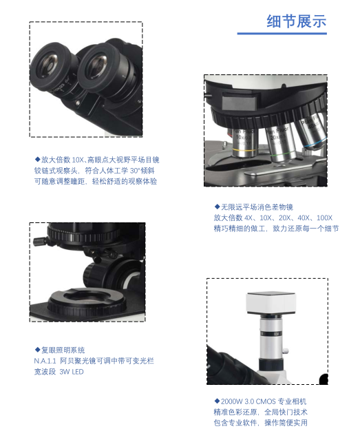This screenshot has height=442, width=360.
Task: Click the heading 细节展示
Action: pos(297,21)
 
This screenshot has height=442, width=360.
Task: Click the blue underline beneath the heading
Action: pos(282,34)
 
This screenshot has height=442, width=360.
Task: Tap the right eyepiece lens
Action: pos(98,66)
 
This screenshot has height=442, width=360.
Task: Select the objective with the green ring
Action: pos(281,144)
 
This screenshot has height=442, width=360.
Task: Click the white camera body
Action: pos(271,303)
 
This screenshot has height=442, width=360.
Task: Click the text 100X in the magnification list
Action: pos(324,218)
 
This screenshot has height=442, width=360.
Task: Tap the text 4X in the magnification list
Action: pos(248,218)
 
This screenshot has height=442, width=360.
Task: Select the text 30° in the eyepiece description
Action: pos(134,171)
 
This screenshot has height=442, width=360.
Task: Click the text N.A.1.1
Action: pos(45,361)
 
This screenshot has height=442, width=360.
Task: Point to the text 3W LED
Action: pos(72,372)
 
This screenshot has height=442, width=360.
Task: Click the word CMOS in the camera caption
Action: pos(266,401)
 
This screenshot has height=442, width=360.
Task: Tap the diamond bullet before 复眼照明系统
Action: pos(37,350)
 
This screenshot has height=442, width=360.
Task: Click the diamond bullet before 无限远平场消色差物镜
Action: pos(217,207)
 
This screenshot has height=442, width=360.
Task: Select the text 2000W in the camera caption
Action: pos(231,401)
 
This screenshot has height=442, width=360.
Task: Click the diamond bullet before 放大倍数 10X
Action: pos(37,159)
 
